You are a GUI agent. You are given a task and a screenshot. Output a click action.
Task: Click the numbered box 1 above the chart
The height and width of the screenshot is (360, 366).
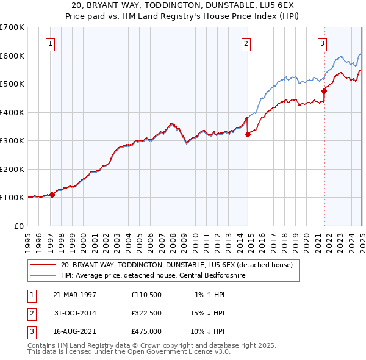click(49, 43)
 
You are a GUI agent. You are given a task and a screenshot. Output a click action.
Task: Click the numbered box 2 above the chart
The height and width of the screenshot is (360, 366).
click(245, 43)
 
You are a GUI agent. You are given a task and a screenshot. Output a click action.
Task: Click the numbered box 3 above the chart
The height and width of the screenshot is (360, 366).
click(321, 43)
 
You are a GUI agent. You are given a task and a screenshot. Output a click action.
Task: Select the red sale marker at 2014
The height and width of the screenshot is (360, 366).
click(248, 135)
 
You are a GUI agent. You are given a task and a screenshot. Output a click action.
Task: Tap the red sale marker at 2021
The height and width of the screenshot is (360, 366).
click(324, 92)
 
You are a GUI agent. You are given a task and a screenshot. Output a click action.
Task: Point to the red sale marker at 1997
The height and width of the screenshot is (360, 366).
click(52, 195)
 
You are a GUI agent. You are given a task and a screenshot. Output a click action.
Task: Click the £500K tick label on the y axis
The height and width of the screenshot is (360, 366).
click(12, 84)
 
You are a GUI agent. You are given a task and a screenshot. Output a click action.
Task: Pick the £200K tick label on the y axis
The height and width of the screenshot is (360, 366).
click(12, 169)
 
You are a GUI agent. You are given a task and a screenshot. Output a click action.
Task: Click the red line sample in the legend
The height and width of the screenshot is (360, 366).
click(44, 265)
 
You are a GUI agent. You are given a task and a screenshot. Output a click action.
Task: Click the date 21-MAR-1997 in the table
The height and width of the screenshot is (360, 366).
click(75, 294)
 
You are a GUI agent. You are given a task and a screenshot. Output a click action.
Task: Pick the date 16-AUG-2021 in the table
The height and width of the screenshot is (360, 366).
click(75, 332)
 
